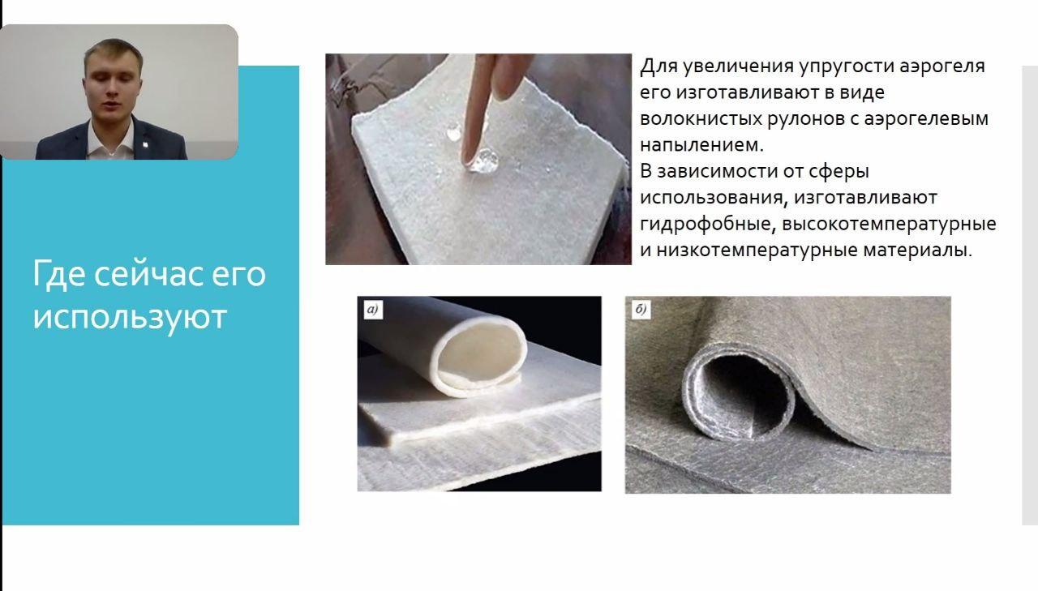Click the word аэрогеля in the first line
[941, 66]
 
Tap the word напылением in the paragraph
[701, 145]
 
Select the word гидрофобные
[708, 225]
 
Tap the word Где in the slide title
[59, 275]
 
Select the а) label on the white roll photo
[372, 309]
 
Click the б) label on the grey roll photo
[641, 310]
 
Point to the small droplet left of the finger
[453, 132]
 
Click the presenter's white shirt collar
[110, 138]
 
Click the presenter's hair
[113, 52]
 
